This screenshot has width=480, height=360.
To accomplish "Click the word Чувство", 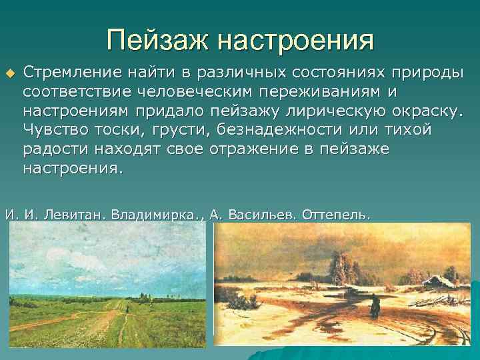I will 51,129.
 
